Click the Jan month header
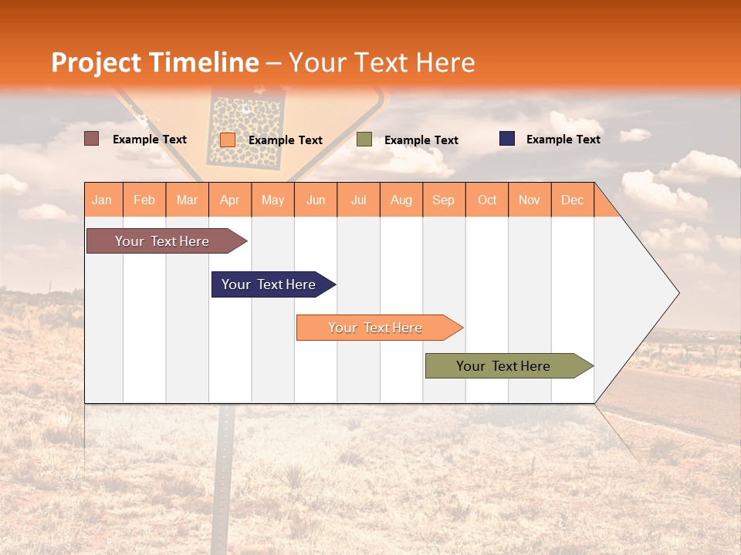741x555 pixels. tap(103, 200)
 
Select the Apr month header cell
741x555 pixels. tap(230, 200)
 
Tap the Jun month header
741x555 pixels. tap(316, 200)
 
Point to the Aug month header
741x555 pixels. tap(401, 200)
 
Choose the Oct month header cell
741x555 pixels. tap(487, 200)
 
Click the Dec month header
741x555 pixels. tap(573, 200)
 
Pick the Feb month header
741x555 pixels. tap(144, 200)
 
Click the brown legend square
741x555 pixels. tap(92, 139)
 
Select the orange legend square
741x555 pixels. tap(228, 140)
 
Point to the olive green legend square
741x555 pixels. tap(364, 140)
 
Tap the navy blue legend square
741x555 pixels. tap(507, 139)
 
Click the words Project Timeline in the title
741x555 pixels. tap(154, 62)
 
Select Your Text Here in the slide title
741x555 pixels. tap(381, 62)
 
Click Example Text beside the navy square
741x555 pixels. tap(563, 139)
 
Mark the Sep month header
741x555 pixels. tap(444, 200)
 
